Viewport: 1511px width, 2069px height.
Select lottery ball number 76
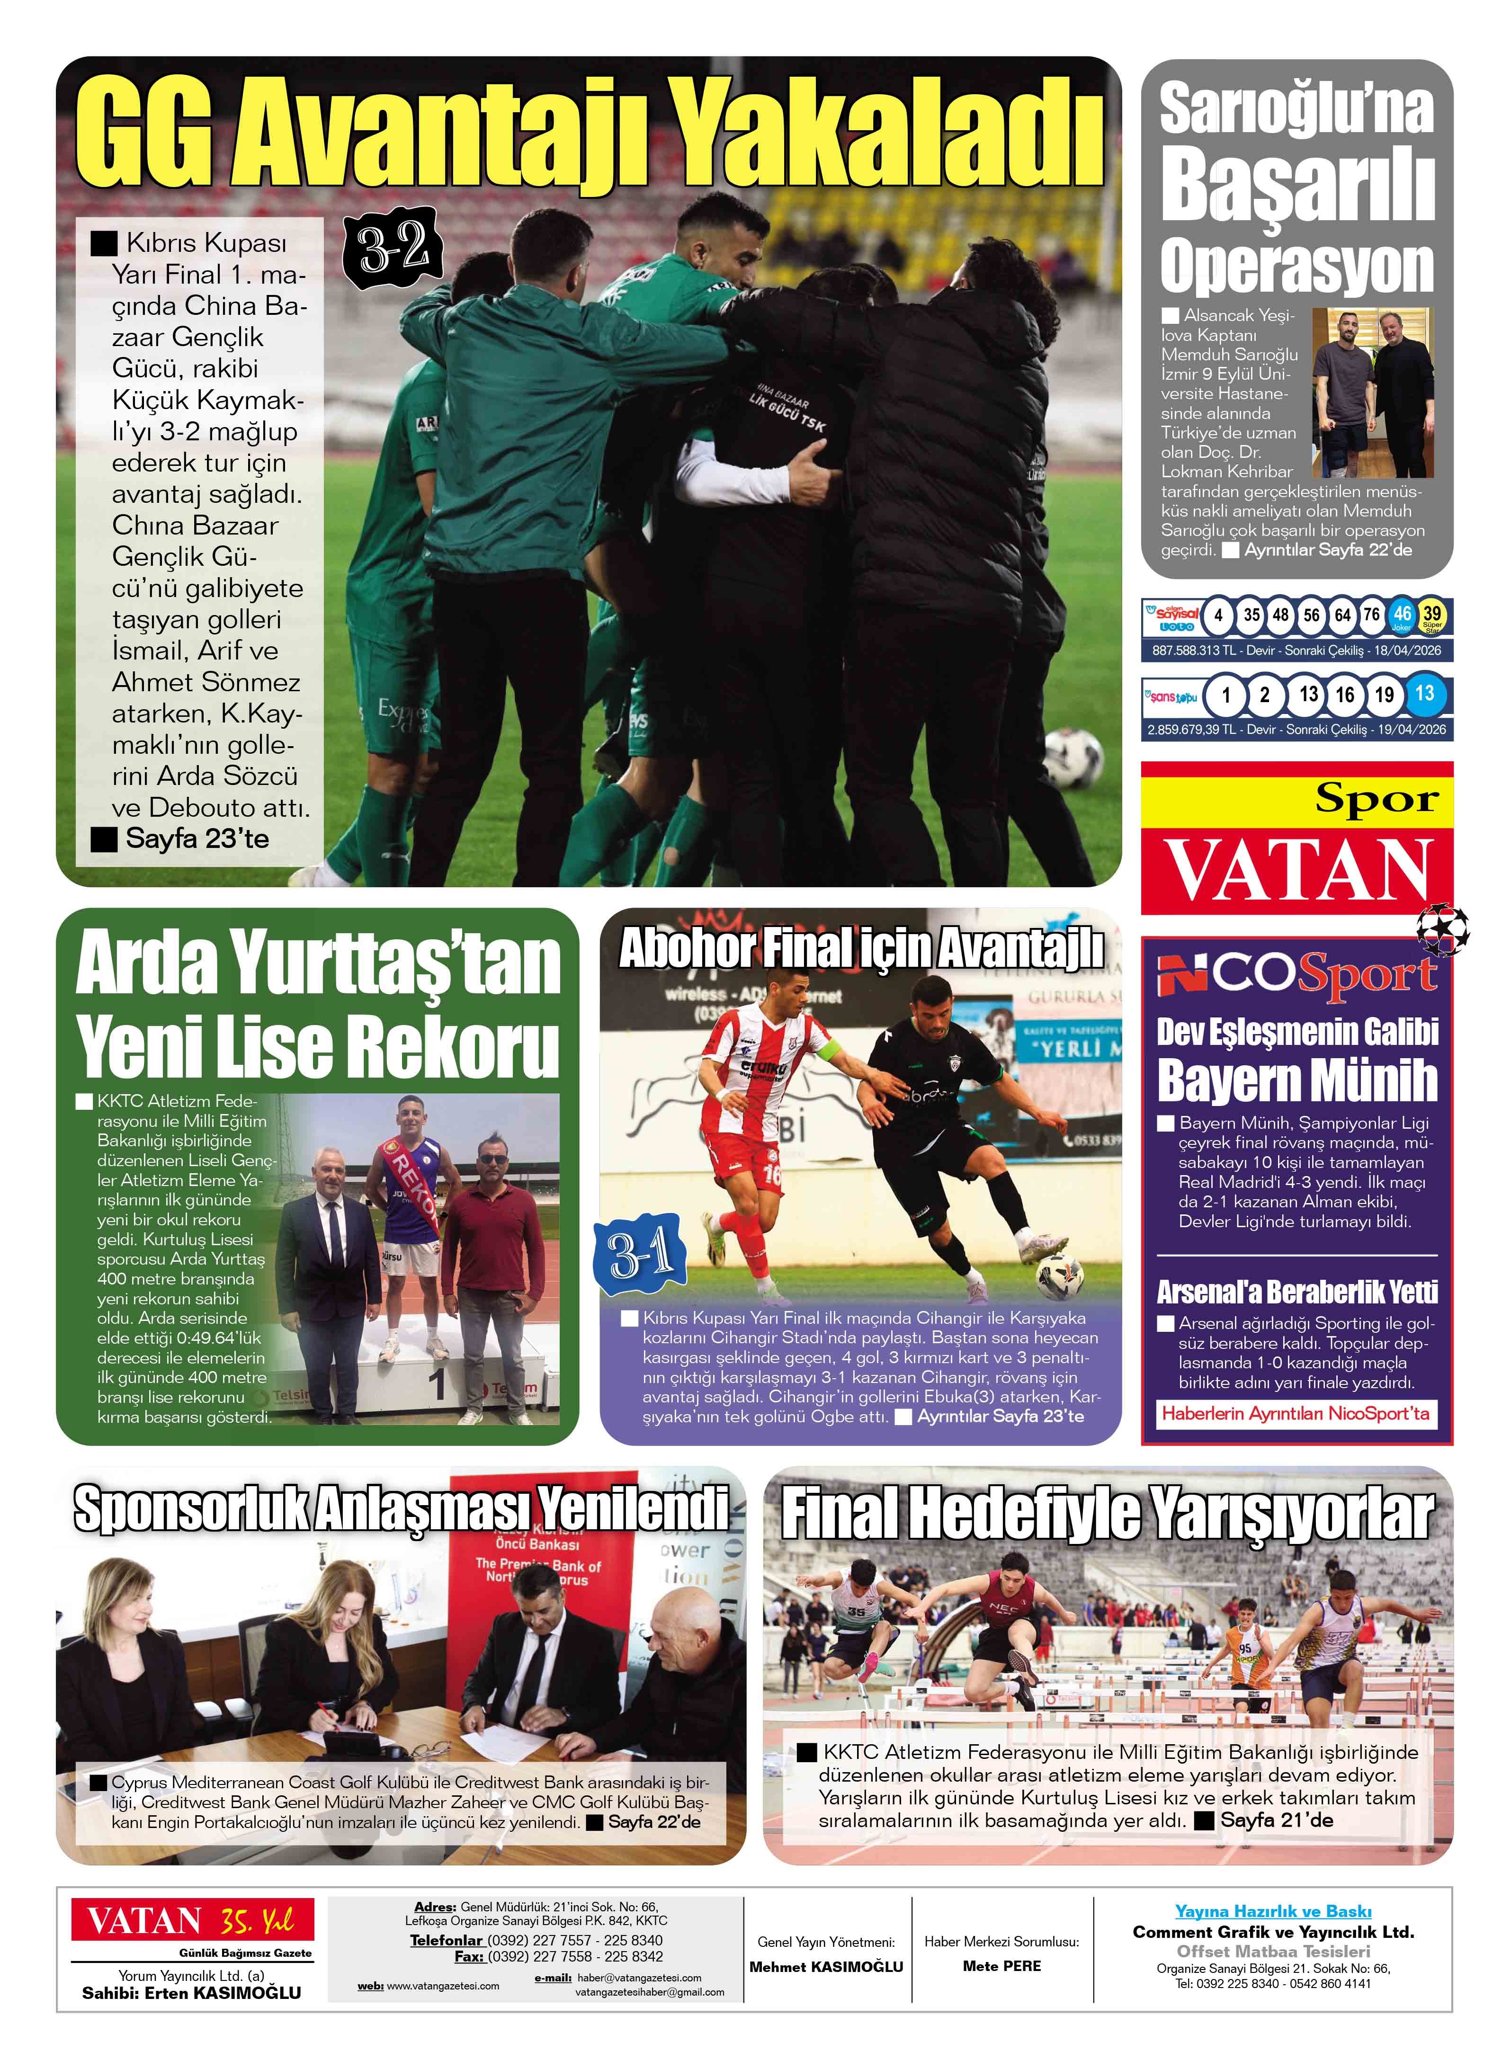point(1371,615)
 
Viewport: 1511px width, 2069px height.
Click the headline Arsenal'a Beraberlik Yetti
point(1297,1292)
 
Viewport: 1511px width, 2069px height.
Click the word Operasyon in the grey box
point(1297,267)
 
